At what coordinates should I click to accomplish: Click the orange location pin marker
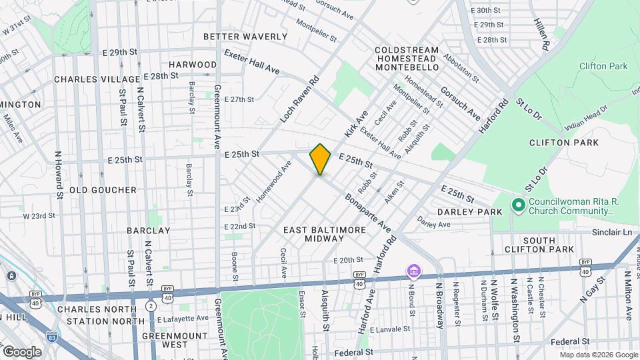[320, 159]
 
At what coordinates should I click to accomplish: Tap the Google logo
[22, 351]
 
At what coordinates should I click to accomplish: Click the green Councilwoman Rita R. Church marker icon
[517, 205]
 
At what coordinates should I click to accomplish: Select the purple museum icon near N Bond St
[414, 271]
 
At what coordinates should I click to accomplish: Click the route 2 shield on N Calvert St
[151, 305]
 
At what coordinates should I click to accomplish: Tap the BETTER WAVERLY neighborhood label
[245, 37]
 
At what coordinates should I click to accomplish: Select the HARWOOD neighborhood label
[193, 65]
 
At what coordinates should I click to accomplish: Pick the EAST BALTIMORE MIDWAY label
[325, 234]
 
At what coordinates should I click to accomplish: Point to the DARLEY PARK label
[469, 212]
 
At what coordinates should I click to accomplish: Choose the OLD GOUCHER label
[103, 190]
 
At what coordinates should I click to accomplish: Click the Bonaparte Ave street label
[367, 213]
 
